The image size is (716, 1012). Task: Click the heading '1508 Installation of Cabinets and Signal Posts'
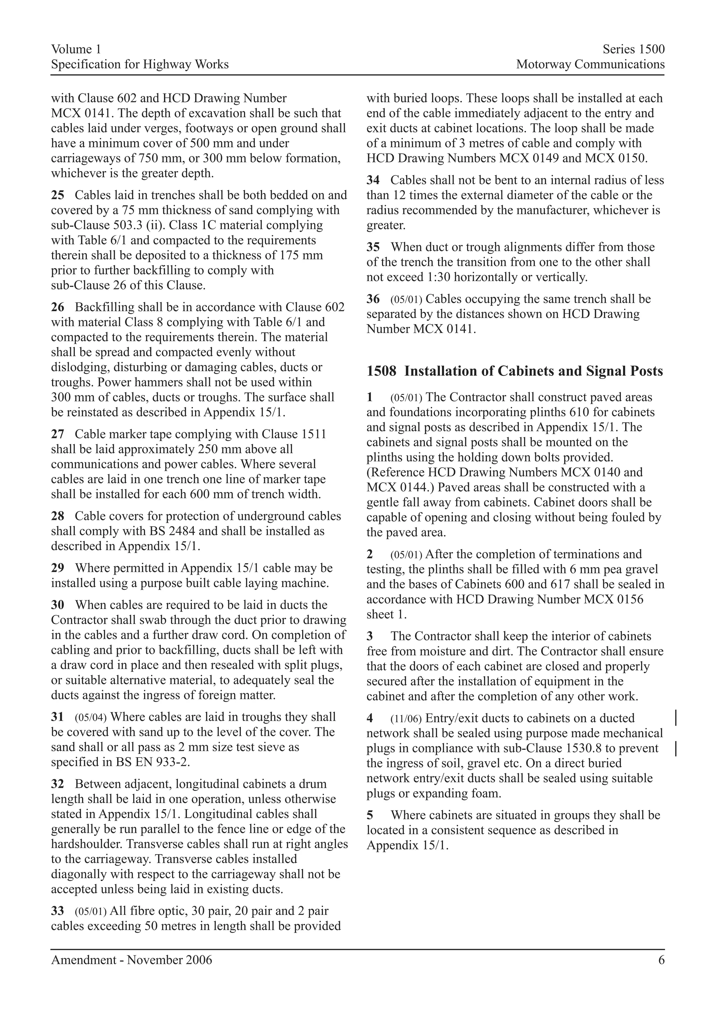[514, 371]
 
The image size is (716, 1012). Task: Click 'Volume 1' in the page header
[76, 49]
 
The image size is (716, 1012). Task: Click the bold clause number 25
[58, 195]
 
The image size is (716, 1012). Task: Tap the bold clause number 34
[373, 180]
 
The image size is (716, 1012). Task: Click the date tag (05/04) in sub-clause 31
[91, 717]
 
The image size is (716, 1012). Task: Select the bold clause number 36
[373, 299]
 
